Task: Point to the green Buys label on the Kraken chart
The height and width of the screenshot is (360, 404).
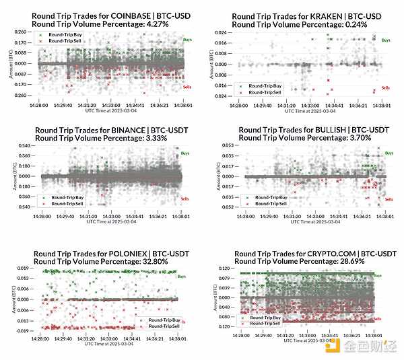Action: (x=385, y=40)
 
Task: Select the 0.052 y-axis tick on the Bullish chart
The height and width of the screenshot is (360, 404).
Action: (x=229, y=207)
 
